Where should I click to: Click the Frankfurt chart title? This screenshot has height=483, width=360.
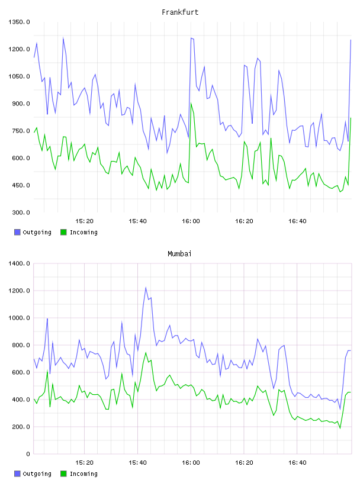tap(180, 12)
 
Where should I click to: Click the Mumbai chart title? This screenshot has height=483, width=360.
tap(179, 254)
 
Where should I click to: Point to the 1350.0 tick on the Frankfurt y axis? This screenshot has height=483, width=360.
tap(19, 22)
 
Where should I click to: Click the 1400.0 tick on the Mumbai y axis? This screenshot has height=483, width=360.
tap(19, 263)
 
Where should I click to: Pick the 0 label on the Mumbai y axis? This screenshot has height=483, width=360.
tap(28, 454)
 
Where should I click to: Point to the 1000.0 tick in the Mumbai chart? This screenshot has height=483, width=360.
tap(19, 318)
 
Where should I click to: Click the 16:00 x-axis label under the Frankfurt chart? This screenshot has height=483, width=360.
tap(191, 221)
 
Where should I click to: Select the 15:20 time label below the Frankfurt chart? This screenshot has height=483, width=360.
tap(84, 221)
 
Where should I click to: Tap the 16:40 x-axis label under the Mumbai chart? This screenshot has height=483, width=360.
tap(297, 463)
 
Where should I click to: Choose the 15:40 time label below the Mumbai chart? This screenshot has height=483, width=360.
tap(137, 463)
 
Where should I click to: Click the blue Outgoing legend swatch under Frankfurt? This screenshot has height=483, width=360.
tap(17, 232)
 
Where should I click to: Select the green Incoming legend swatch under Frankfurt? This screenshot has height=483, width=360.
tap(63, 232)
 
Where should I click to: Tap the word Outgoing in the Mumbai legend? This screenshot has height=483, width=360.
tap(37, 474)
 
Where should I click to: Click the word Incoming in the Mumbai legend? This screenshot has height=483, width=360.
tap(83, 474)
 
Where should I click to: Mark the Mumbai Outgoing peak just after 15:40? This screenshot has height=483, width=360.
tap(146, 288)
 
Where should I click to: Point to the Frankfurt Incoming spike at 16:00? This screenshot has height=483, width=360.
tap(191, 103)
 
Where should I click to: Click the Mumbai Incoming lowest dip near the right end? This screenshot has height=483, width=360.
tap(340, 428)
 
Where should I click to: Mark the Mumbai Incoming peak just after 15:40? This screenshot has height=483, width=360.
tap(146, 352)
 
